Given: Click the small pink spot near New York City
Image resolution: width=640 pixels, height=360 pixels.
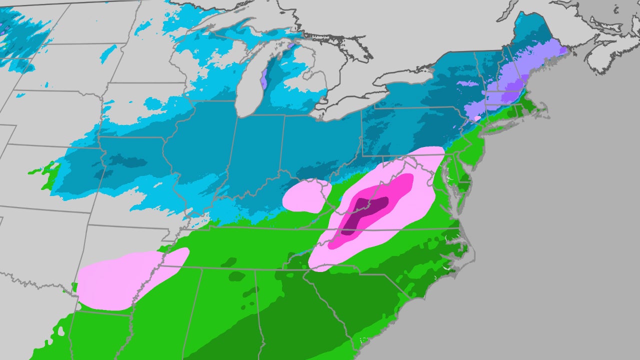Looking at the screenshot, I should pos(477,118).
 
